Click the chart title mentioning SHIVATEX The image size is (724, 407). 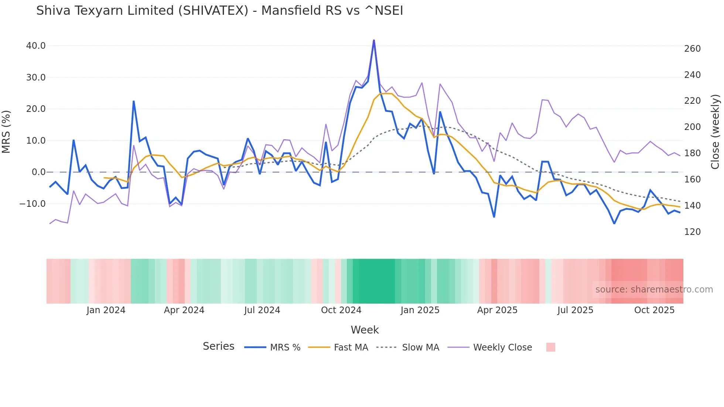pyautogui.click(x=219, y=11)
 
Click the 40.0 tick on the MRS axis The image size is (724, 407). pyautogui.click(x=36, y=46)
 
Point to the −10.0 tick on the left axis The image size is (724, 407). pyautogui.click(x=33, y=204)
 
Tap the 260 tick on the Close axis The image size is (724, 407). pyautogui.click(x=692, y=49)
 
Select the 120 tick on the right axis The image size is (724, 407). pyautogui.click(x=692, y=232)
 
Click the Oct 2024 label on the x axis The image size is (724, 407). pyautogui.click(x=341, y=310)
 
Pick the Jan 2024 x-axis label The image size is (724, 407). pyautogui.click(x=106, y=310)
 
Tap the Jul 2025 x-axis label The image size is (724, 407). pyautogui.click(x=575, y=310)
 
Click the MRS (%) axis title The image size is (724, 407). pyautogui.click(x=6, y=132)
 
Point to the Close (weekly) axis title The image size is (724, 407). pyautogui.click(x=715, y=132)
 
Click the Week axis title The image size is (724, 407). pyautogui.click(x=365, y=330)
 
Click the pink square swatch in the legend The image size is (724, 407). pyautogui.click(x=550, y=348)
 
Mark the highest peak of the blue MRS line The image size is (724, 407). pyautogui.click(x=374, y=40)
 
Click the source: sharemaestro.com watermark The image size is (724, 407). pyautogui.click(x=654, y=290)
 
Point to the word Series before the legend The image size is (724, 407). pyautogui.click(x=218, y=346)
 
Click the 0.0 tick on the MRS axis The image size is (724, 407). pyautogui.click(x=39, y=172)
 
